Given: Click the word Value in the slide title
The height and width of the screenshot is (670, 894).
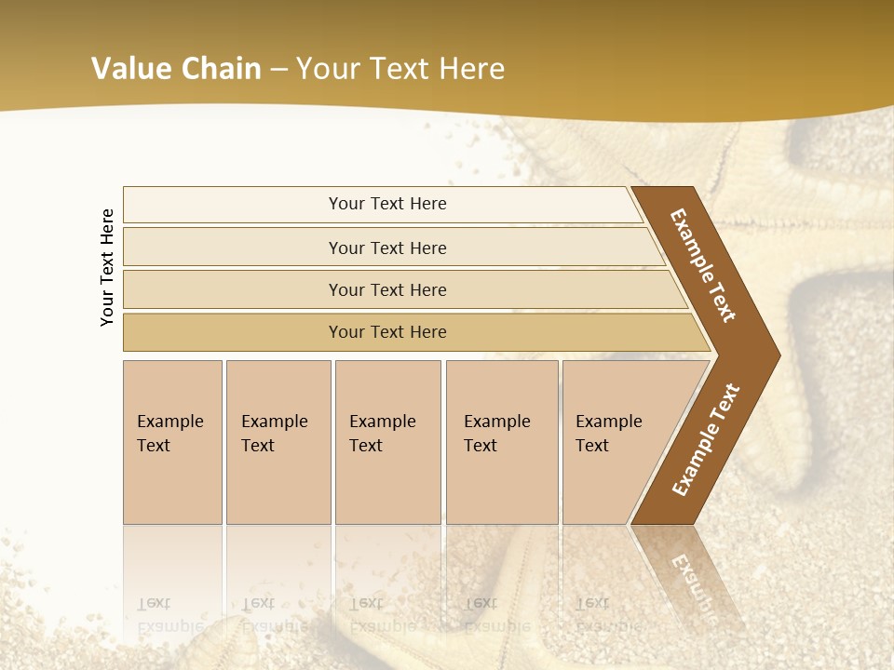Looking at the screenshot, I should coord(130,68).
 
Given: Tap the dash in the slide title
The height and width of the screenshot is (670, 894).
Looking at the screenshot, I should coord(278,69).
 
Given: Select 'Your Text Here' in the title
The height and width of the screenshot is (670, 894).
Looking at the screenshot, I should coord(400,68).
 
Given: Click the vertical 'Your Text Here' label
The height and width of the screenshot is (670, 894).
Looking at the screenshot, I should coord(107,267).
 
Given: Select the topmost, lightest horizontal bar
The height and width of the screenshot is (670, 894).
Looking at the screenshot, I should coord(386,204).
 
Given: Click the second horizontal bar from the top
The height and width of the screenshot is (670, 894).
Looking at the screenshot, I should coord(386,248).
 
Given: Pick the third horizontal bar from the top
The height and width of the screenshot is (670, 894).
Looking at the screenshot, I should coord(386,289).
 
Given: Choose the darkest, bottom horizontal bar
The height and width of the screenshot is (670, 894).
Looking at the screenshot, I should coord(386,332).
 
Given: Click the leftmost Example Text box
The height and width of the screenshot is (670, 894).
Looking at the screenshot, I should coord(172,442).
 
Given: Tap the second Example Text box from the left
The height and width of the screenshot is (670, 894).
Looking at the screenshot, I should coord(278,442).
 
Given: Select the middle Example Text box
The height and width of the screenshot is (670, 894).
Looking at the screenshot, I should coord(387,442).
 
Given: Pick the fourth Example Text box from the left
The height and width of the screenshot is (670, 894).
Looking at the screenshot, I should coord(501,442).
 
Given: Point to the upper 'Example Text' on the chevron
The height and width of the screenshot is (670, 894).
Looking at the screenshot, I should coord(703,265).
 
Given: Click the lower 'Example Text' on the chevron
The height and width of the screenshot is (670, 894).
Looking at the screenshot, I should coord(706,439).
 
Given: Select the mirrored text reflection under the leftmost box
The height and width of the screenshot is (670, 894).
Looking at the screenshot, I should coord(169,615).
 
